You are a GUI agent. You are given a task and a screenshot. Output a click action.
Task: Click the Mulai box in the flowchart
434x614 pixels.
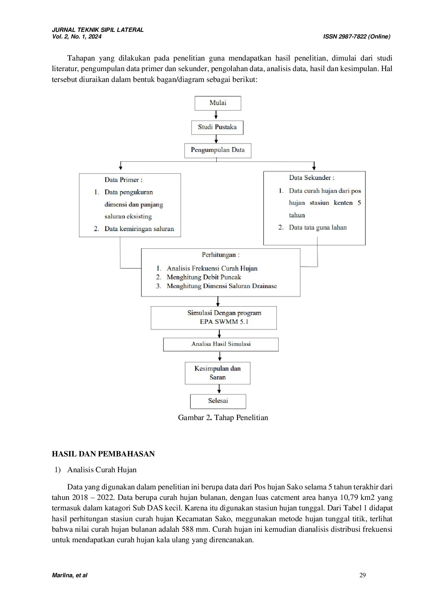(218, 103)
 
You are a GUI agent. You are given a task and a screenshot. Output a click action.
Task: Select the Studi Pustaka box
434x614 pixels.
(217, 127)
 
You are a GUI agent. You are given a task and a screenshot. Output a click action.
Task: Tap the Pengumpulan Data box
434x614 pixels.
(218, 151)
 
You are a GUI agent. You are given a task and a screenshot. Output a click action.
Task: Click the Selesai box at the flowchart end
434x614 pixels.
(218, 401)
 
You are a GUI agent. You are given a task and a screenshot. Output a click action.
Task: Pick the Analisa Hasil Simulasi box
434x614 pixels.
(221, 344)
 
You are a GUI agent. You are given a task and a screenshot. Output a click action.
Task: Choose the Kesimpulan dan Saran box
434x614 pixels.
(218, 373)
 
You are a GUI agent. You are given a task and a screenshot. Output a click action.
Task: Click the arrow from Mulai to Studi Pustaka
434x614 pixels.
(216, 115)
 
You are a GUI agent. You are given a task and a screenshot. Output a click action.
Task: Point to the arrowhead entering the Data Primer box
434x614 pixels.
(121, 168)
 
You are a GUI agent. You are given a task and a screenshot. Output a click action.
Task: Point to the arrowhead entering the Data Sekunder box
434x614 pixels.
(314, 168)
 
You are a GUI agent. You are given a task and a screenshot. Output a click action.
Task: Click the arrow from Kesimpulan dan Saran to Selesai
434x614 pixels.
(219, 389)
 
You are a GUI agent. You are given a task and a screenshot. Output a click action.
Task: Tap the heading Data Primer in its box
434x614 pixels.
(123, 180)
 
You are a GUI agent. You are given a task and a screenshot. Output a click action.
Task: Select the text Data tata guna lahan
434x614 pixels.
(318, 228)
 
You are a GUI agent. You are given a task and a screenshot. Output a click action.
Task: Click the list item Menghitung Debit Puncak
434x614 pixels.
(204, 277)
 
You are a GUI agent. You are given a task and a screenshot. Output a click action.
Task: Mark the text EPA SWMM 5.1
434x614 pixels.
(224, 322)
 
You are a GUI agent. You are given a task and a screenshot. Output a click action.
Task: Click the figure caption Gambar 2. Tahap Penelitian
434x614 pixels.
(223, 418)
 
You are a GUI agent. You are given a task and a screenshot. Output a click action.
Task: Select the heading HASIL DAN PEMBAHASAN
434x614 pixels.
(103, 454)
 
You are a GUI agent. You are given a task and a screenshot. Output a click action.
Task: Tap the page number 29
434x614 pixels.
(363, 575)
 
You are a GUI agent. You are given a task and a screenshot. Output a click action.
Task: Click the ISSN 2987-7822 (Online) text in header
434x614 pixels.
(357, 36)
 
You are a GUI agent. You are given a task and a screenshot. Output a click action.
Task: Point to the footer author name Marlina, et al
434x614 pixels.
(70, 575)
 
